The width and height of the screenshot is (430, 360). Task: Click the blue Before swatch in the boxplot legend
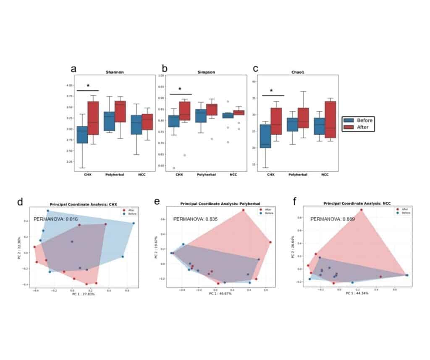[349, 120]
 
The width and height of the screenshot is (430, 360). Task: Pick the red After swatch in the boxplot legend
[349, 127]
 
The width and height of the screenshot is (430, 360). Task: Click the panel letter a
[73, 69]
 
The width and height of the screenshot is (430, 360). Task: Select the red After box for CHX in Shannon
[93, 117]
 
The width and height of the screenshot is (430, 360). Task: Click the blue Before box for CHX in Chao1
[265, 142]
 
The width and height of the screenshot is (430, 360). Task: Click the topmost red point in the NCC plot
[361, 210]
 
